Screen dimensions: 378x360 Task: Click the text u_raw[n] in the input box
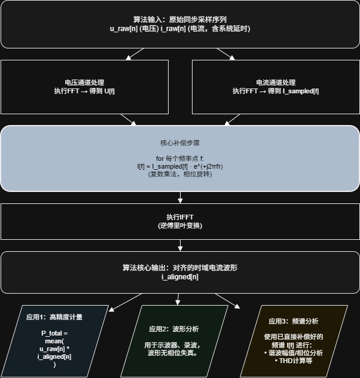(x=125, y=29)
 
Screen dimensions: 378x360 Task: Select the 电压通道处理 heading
(x=84, y=83)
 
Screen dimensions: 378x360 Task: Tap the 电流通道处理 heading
(x=276, y=83)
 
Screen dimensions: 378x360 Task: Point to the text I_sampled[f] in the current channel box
(x=301, y=91)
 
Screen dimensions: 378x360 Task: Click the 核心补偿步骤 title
(x=180, y=144)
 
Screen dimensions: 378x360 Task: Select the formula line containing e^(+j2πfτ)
(x=180, y=166)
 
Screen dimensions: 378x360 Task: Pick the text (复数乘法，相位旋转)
(x=180, y=174)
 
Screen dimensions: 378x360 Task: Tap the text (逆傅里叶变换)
(x=180, y=225)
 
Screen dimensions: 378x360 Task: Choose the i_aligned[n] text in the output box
(x=180, y=277)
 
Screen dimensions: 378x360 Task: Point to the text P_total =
(x=54, y=333)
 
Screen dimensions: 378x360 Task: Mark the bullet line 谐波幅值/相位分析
(x=293, y=353)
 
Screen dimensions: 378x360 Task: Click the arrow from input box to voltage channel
(x=135, y=54)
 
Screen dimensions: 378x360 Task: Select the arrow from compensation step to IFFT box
(x=180, y=198)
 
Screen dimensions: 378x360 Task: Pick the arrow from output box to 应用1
(x=124, y=301)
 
